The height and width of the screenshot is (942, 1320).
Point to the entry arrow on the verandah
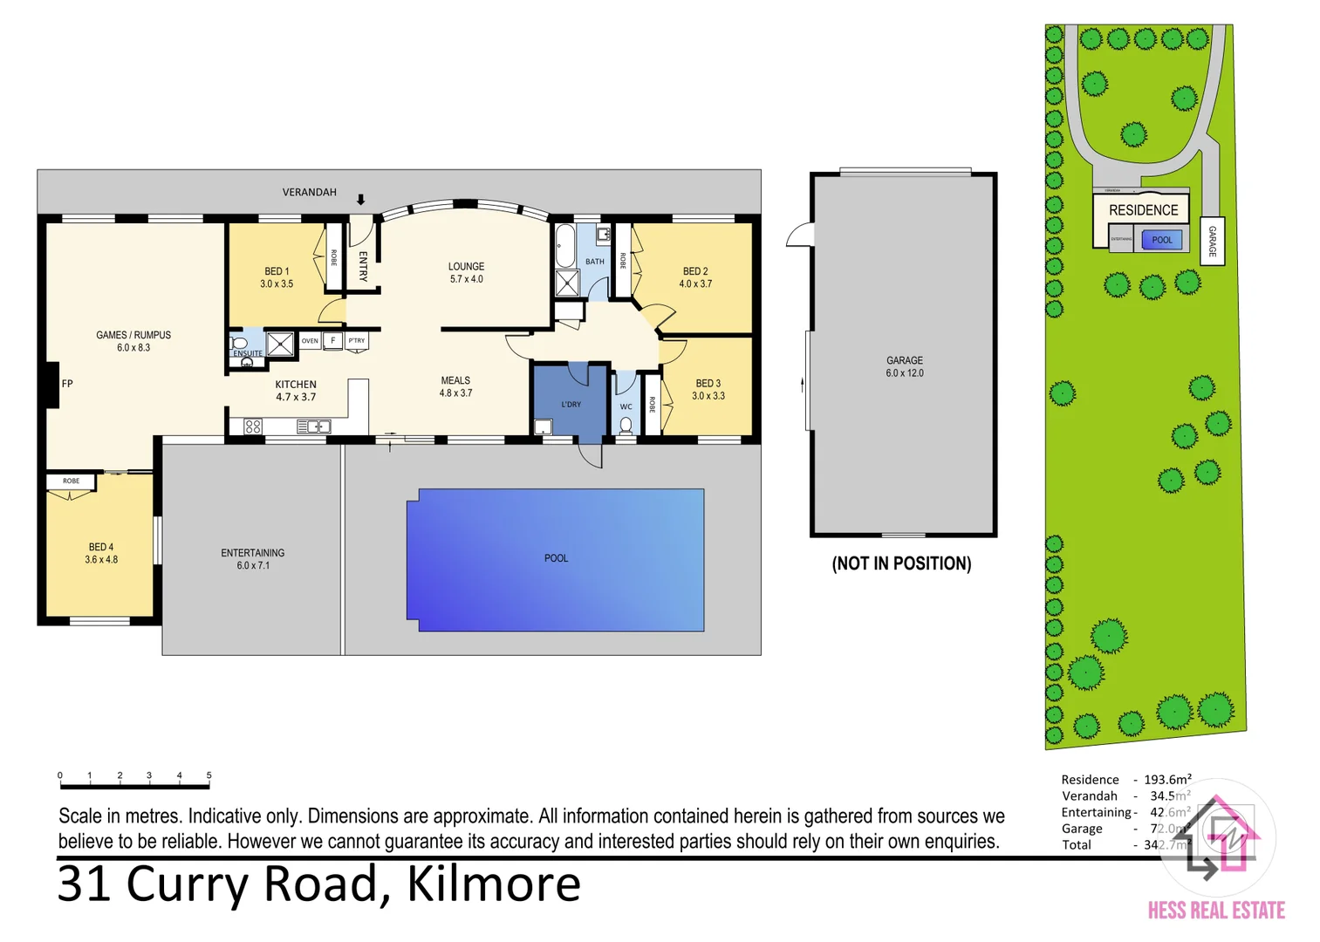[360, 200]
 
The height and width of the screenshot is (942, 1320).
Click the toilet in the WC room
[626, 426]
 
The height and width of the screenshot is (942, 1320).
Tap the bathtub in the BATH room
[564, 246]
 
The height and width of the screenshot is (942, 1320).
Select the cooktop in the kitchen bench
[253, 427]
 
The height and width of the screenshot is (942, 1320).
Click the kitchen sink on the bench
[313, 427]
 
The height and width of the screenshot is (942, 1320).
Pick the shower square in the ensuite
[280, 344]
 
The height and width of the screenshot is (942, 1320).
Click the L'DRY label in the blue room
[571, 405]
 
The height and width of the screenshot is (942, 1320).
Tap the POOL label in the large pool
[556, 558]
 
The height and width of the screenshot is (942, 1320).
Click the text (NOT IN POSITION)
[901, 563]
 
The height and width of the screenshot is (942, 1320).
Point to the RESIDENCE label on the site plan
[1143, 210]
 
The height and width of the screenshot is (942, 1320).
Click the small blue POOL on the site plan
[1162, 240]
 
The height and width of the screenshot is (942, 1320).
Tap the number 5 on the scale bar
[209, 775]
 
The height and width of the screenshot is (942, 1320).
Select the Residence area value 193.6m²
[1167, 780]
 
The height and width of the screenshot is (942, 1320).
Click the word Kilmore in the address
[494, 884]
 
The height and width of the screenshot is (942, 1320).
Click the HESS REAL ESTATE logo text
[1216, 911]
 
